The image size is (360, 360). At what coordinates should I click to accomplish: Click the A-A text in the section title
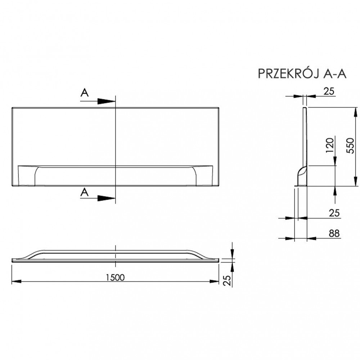[335, 73]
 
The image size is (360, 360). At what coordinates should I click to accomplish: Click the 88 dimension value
[334, 233]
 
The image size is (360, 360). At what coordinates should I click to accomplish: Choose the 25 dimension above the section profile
[329, 91]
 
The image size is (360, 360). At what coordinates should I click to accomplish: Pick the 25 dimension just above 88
[334, 213]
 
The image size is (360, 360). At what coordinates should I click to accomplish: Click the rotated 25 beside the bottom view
[227, 280]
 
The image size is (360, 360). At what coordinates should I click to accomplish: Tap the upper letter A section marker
[84, 93]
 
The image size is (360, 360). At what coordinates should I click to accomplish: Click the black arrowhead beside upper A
[106, 102]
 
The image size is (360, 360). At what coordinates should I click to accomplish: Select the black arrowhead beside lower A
[106, 198]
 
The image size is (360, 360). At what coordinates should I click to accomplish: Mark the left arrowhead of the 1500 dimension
[15, 281]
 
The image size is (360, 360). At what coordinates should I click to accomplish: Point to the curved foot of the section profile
[300, 176]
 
